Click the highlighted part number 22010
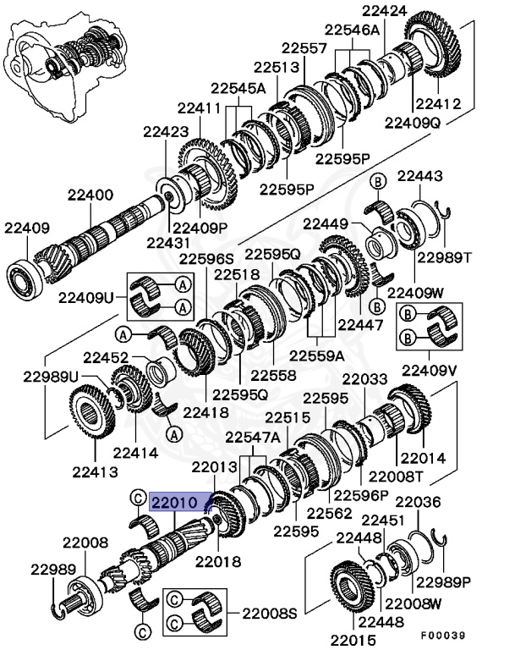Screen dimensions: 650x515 coord(173,503)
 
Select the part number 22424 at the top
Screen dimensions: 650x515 coord(385,11)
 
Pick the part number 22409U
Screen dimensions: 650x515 coord(85,297)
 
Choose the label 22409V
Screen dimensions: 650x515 coord(429,370)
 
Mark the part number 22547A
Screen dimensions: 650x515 coord(252,437)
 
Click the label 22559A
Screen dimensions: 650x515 coord(317,355)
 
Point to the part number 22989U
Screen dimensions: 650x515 coord(50,376)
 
